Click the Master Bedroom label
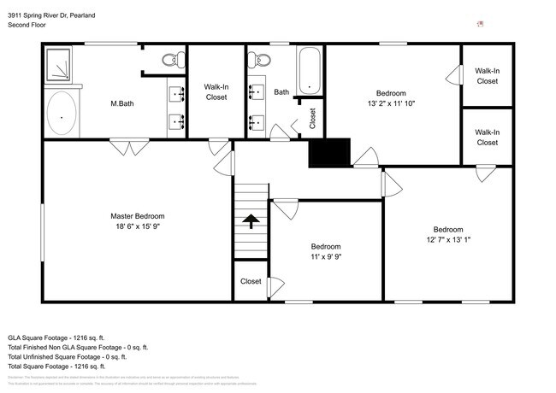click(x=137, y=216)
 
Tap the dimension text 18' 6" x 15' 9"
click(x=137, y=226)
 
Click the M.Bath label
click(x=125, y=104)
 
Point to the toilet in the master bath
click(x=174, y=59)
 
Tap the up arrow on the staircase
click(x=251, y=222)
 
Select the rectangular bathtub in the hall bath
click(x=309, y=71)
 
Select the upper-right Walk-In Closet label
click(x=487, y=76)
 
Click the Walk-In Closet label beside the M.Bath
click(x=216, y=91)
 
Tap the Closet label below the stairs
click(x=251, y=281)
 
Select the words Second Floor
click(x=27, y=26)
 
